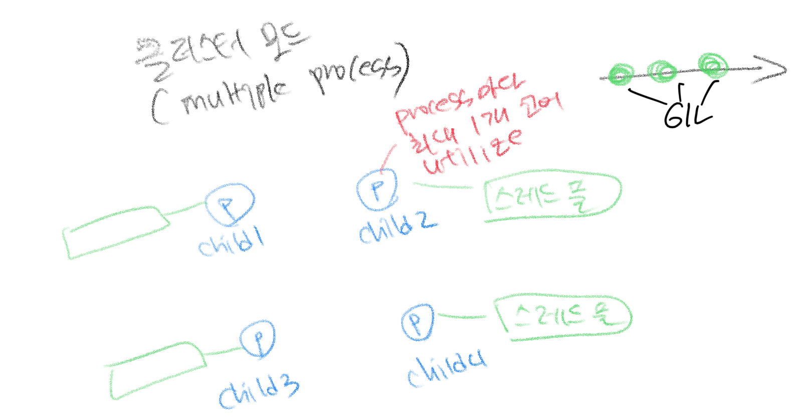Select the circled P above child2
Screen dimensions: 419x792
coord(377,189)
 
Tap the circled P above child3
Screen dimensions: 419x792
coord(258,339)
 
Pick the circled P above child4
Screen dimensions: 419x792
coord(417,322)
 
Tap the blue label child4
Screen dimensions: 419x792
coord(446,370)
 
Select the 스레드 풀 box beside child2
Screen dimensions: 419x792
coord(551,194)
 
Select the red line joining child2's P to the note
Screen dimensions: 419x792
coord(388,156)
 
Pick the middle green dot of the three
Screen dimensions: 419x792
coord(662,71)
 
